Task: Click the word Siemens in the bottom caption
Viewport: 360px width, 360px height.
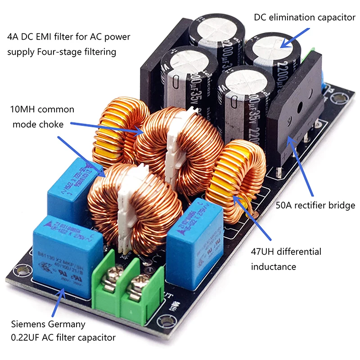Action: point(28,324)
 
